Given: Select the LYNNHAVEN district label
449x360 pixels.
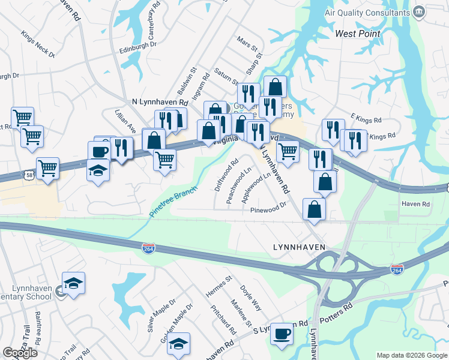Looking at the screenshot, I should [x=299, y=247].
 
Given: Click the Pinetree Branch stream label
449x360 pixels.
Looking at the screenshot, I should [x=173, y=202].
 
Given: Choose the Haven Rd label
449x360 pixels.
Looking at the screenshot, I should [x=417, y=205].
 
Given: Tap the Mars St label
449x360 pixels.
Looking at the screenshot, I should [x=247, y=45].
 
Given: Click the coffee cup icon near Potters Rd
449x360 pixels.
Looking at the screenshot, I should [x=281, y=334].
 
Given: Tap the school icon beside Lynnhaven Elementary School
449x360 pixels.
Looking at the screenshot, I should [x=73, y=283].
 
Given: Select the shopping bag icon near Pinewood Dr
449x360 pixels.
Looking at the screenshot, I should [x=314, y=209].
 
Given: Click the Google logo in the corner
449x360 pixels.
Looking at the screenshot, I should [x=20, y=353].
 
